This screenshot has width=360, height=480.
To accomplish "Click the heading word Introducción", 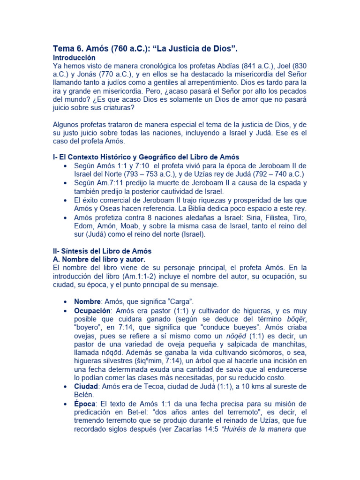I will click(75, 57).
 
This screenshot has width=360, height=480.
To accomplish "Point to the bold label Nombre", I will click(87, 301).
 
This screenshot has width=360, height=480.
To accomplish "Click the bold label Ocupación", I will click(92, 311).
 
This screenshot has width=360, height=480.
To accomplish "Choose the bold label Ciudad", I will click(86, 386).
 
